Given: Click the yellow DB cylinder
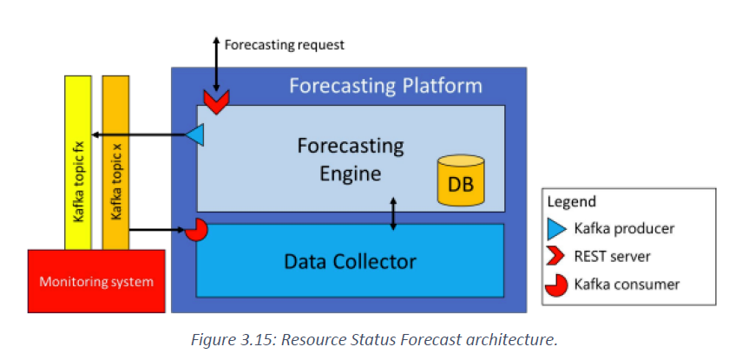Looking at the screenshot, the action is (x=461, y=180).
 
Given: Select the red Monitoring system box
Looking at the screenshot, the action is (x=96, y=281).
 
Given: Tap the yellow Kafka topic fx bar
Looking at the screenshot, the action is (x=77, y=162).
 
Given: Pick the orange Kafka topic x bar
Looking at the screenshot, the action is (x=115, y=162).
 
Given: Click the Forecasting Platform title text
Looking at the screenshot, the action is (x=386, y=86).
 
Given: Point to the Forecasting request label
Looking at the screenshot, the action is (x=285, y=45).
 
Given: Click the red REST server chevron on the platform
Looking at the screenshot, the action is (x=216, y=102).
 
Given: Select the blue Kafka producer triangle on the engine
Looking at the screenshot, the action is (x=194, y=135).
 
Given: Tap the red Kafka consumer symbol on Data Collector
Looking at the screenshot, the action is (x=196, y=230).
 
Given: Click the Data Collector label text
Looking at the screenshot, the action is (x=350, y=262).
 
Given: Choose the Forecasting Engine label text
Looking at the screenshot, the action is (x=351, y=160).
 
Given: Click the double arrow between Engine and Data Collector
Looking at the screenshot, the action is (x=393, y=213).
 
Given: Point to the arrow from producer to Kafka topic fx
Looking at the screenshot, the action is (x=139, y=135).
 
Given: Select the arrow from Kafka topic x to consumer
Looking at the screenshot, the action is (x=157, y=230).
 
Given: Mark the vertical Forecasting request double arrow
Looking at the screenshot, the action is (x=216, y=64).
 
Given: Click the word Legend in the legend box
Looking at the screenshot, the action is (x=571, y=201).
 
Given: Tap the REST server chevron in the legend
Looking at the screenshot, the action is (x=556, y=257).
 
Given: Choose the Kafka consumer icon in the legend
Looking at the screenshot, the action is (x=557, y=285).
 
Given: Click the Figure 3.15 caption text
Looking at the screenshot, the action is (x=374, y=340).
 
